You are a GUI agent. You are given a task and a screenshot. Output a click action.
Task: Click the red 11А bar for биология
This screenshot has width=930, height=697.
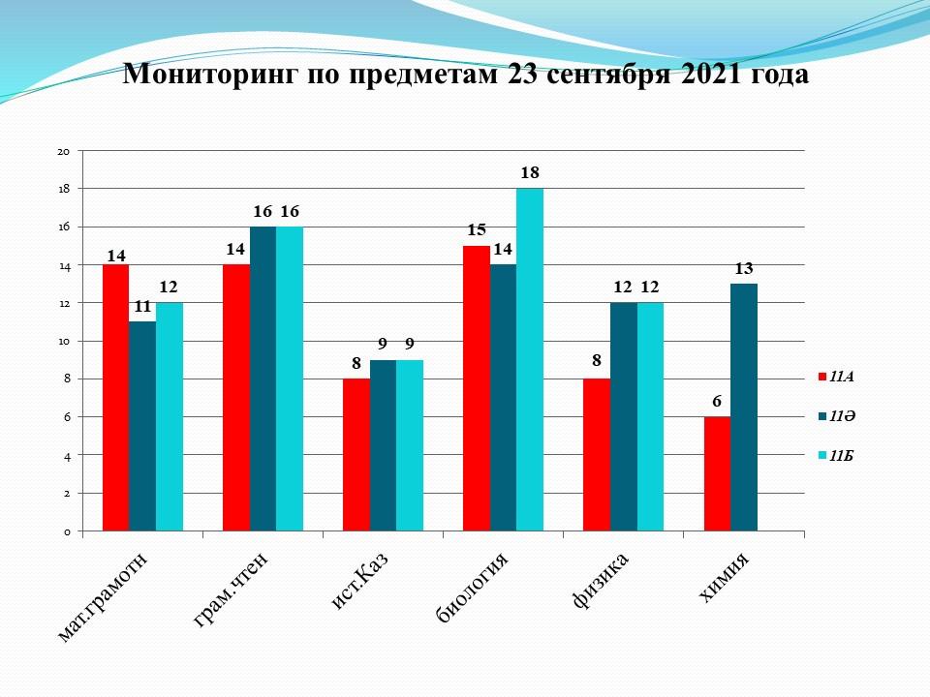click(x=477, y=388)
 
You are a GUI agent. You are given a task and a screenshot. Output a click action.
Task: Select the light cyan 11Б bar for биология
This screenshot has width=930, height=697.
click(x=530, y=359)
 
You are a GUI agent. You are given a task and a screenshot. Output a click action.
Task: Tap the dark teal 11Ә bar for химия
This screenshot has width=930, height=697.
click(x=744, y=407)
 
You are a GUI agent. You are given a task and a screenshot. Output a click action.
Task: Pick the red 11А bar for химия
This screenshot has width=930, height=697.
click(x=717, y=473)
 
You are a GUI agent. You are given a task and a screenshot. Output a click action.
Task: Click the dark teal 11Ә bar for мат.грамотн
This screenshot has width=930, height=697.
click(x=142, y=426)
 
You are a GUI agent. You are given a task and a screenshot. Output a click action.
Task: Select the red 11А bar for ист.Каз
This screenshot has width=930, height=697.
click(x=356, y=454)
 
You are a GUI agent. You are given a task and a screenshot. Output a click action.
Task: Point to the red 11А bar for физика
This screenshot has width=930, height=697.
click(x=597, y=454)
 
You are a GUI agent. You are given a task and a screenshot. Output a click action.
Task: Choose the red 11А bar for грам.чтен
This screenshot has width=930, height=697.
click(x=236, y=398)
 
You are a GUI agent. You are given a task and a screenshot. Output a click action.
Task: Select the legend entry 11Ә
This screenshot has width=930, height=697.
click(x=841, y=415)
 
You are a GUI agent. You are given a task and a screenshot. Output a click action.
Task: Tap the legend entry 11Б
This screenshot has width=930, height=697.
click(x=841, y=455)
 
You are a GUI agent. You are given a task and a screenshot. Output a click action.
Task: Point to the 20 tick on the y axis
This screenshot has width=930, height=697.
click(x=63, y=152)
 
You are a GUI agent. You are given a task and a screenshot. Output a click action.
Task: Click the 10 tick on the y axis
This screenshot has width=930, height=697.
click(x=63, y=342)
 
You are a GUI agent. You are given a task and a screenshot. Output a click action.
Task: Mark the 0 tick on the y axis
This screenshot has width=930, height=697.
click(x=66, y=531)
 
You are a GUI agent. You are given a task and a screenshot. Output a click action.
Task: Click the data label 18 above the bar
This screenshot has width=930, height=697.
click(x=530, y=173)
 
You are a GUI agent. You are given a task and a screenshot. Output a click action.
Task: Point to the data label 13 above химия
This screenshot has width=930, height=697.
click(x=744, y=268)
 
